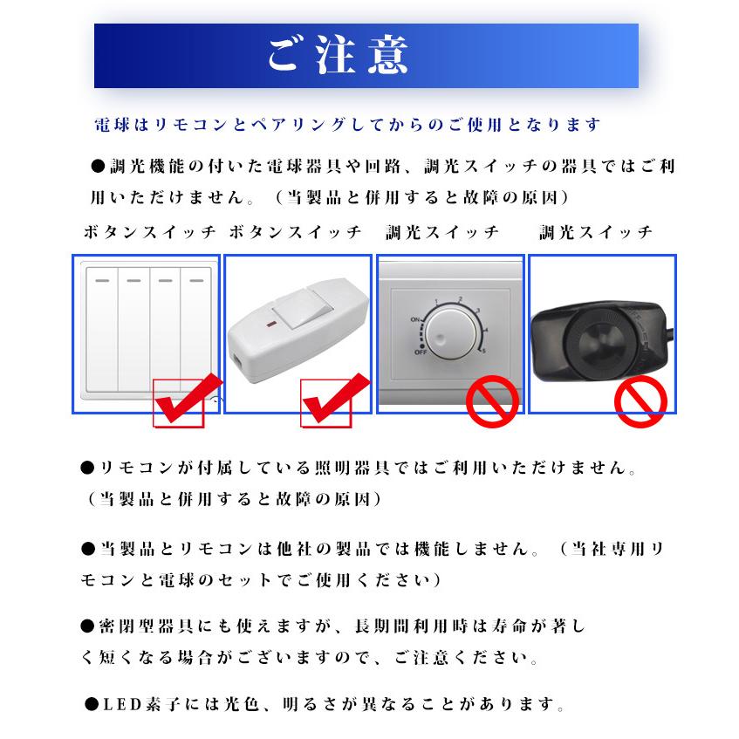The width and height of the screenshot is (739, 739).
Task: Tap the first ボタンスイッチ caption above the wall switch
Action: pyautogui.click(x=149, y=233)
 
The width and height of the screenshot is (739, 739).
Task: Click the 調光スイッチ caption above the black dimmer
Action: pyautogui.click(x=596, y=233)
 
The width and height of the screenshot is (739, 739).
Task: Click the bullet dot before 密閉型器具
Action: pyautogui.click(x=86, y=626)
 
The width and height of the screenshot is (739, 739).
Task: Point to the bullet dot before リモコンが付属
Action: pyautogui.click(x=86, y=469)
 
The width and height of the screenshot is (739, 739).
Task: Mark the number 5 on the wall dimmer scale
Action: pyautogui.click(x=482, y=351)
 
